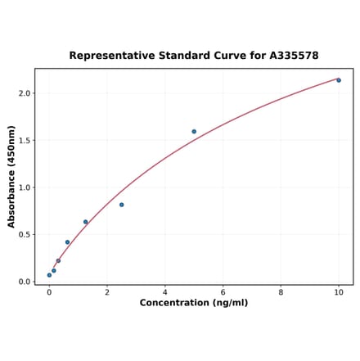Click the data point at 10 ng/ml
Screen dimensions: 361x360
(339, 80)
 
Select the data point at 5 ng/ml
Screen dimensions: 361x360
(194, 132)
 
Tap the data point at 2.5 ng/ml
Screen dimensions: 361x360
(122, 205)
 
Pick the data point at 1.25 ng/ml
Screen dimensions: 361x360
(85, 222)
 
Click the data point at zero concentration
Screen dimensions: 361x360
(49, 275)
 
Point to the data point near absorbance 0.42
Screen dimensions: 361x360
(67, 242)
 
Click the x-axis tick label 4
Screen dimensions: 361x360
(164, 291)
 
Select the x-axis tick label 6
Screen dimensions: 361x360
(223, 291)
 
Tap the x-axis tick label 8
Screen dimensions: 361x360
(281, 291)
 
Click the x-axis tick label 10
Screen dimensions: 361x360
(339, 291)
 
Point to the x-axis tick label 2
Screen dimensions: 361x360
(107, 291)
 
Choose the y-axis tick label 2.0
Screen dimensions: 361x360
(24, 93)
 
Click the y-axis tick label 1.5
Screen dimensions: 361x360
(24, 141)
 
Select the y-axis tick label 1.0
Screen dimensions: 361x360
(24, 187)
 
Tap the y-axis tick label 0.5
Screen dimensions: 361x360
(24, 235)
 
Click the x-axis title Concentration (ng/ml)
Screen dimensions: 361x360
(194, 303)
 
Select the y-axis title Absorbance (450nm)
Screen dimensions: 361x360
(11, 176)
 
